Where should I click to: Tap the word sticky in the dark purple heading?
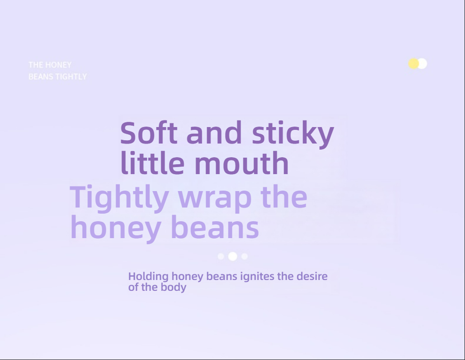(x=293, y=134)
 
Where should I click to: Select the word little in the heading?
(x=152, y=163)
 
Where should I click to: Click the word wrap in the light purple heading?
(x=215, y=198)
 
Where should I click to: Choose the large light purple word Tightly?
(x=119, y=198)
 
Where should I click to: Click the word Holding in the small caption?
(x=149, y=277)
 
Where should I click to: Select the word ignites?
(x=257, y=276)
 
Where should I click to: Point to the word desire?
(x=312, y=276)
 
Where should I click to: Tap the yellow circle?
(x=413, y=64)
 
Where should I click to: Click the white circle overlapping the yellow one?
(x=422, y=64)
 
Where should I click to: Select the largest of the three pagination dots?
(x=232, y=256)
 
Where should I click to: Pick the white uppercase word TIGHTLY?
(x=71, y=77)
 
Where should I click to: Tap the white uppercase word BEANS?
(x=41, y=77)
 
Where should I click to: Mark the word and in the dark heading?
(x=214, y=133)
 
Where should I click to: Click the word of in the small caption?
(x=133, y=287)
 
